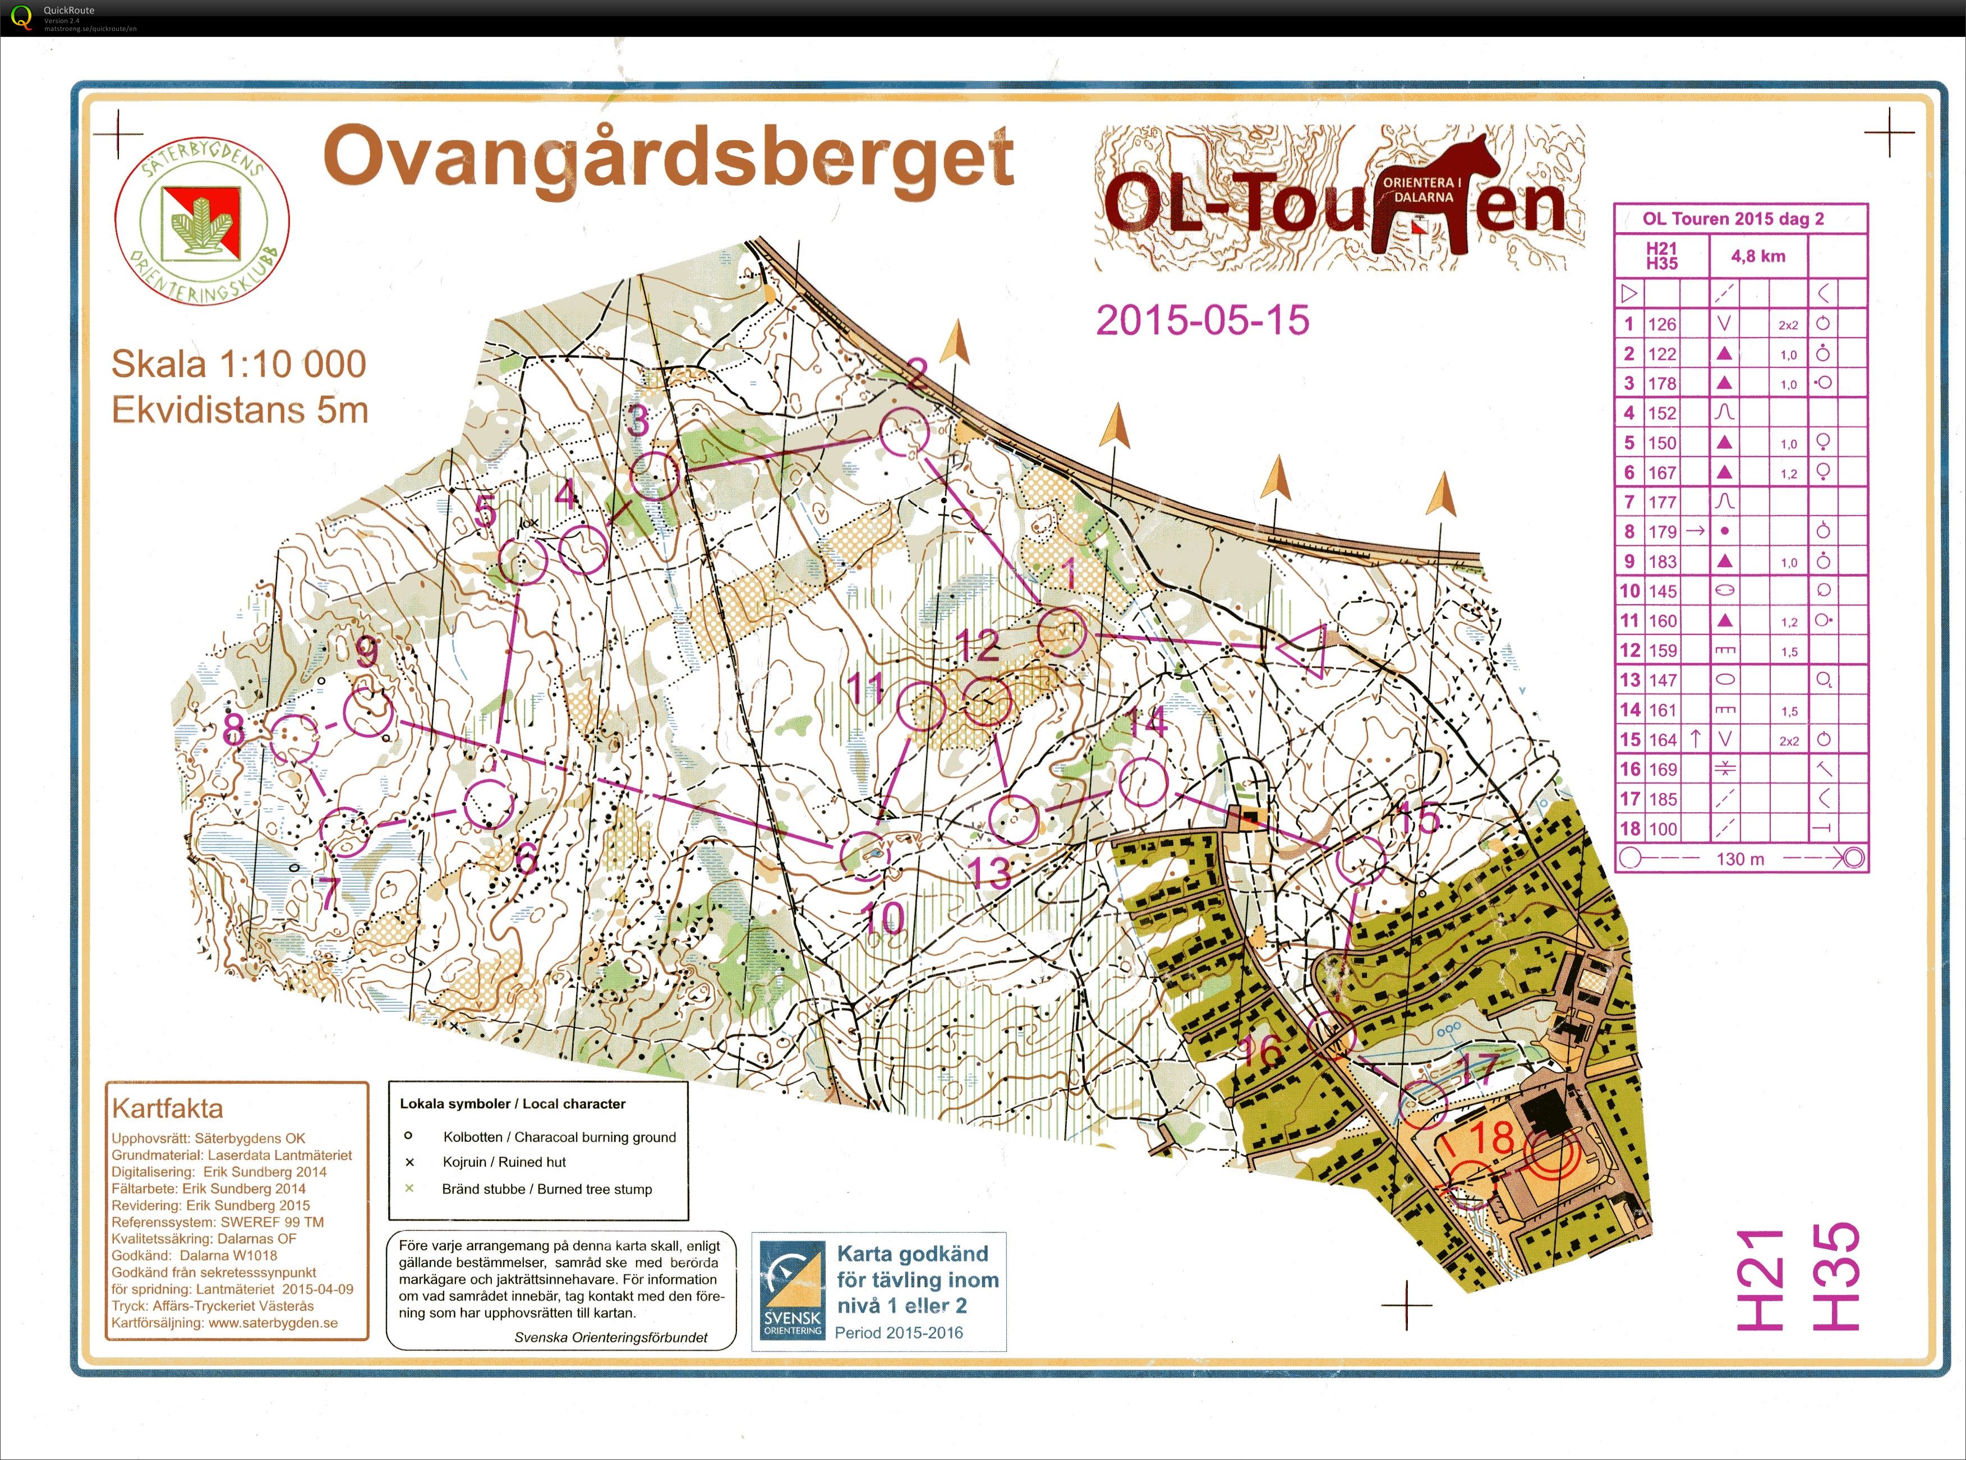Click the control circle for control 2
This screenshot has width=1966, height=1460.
click(x=904, y=433)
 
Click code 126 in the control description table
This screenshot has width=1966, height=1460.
click(x=1661, y=324)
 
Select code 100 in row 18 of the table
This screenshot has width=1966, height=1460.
click(x=1661, y=829)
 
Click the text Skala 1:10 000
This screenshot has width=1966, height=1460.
click(x=238, y=364)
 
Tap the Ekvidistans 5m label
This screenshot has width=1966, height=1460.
click(x=240, y=410)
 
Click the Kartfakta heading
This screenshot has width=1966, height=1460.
click(x=167, y=1108)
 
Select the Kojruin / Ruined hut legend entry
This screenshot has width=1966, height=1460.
click(x=504, y=1162)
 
